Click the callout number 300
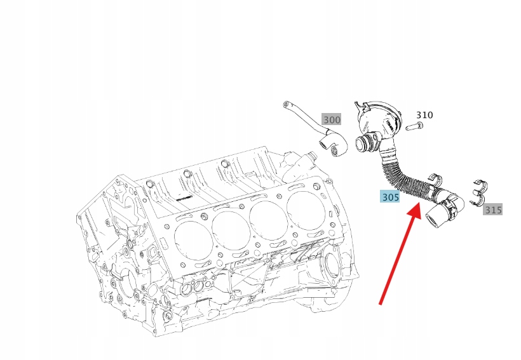pos(332,119)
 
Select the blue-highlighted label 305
pos(390,197)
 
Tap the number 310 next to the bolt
pos(424,115)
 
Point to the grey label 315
pos(492,209)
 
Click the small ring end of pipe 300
pos(287,103)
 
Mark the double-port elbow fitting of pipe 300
pos(333,143)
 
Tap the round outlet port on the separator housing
pos(365,143)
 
